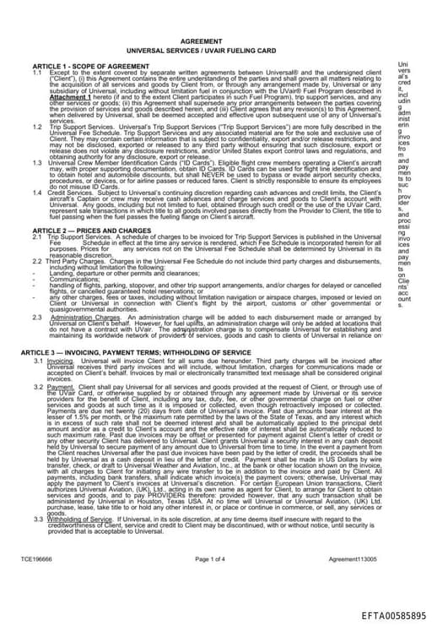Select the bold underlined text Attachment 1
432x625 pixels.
68,97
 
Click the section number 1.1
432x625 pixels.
37,72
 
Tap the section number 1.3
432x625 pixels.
37,161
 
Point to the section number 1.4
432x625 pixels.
37,192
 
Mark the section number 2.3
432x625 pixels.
38,317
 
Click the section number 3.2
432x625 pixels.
38,385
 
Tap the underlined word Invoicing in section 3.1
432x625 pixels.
60,360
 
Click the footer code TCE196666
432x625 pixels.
36,559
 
